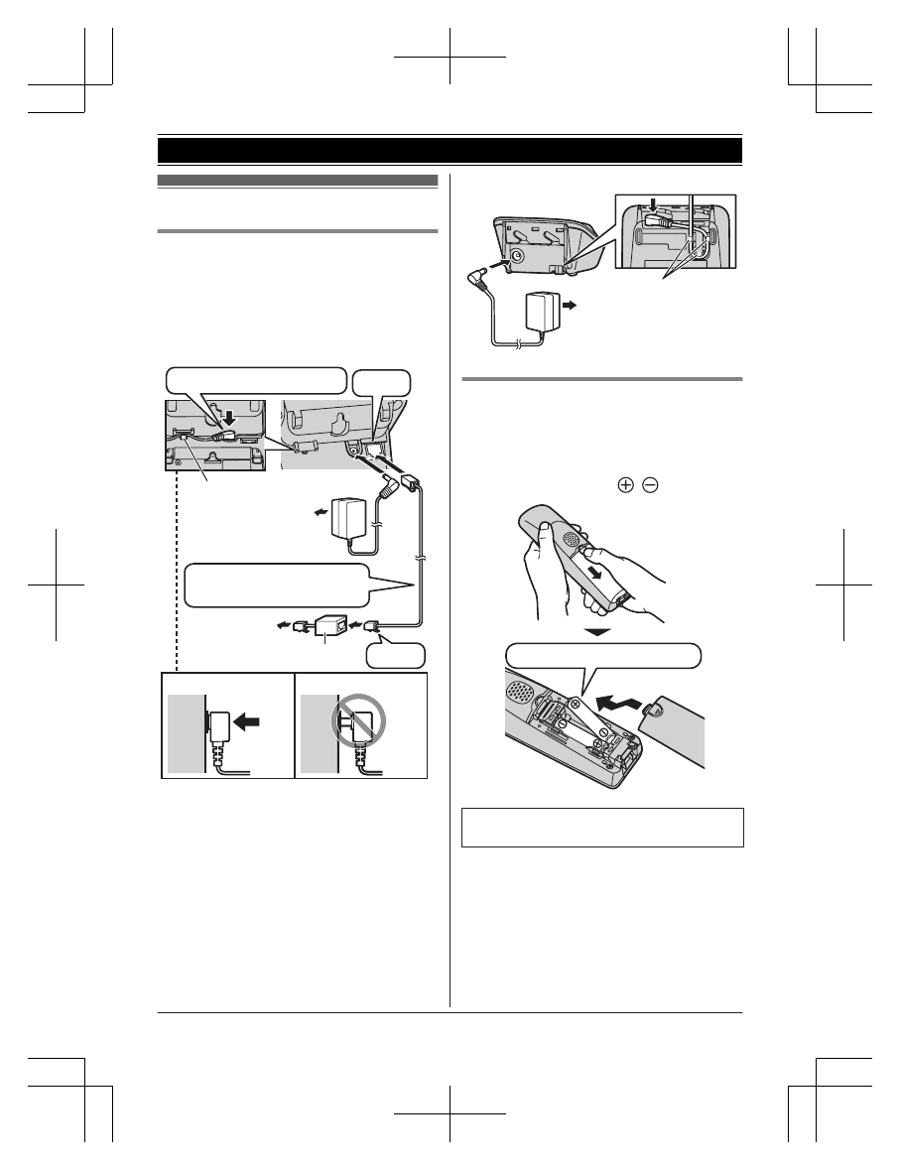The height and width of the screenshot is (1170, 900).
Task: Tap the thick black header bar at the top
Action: tap(450, 150)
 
